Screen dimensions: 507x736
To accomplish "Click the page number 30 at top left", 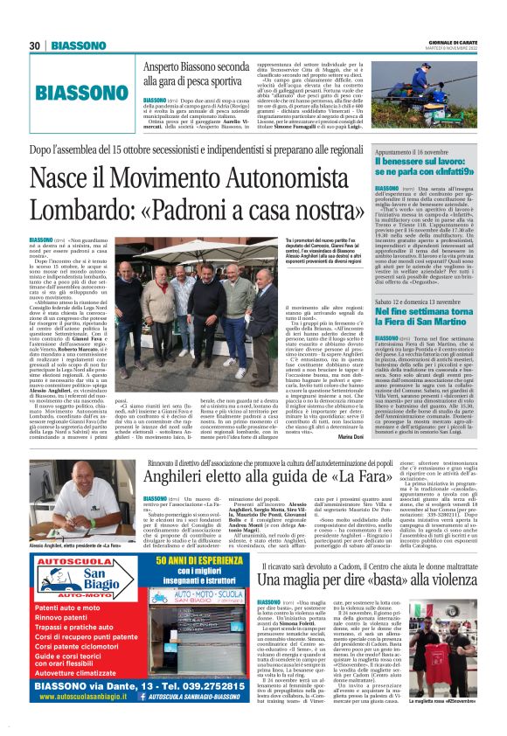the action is (x=35, y=45).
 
